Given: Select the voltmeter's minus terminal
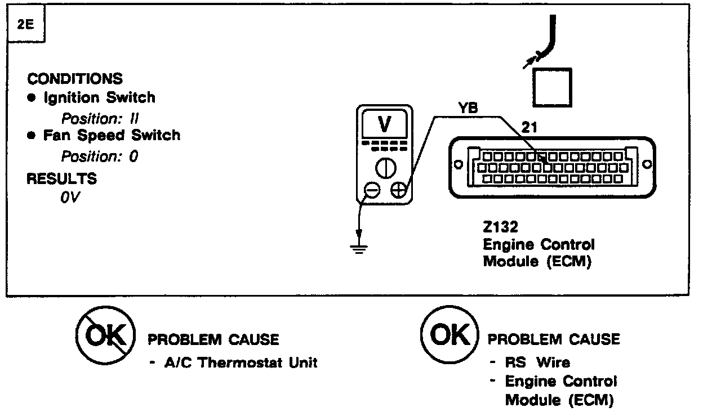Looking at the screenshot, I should coord(372,191).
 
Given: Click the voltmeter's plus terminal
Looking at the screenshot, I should coord(399,191).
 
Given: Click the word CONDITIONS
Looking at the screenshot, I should coord(75,79).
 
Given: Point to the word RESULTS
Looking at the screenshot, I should coord(62,179).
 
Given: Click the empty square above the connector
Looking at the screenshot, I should coord(552,87).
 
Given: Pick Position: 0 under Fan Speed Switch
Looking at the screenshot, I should coord(99,156).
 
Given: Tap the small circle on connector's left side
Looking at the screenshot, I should coord(457,165).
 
